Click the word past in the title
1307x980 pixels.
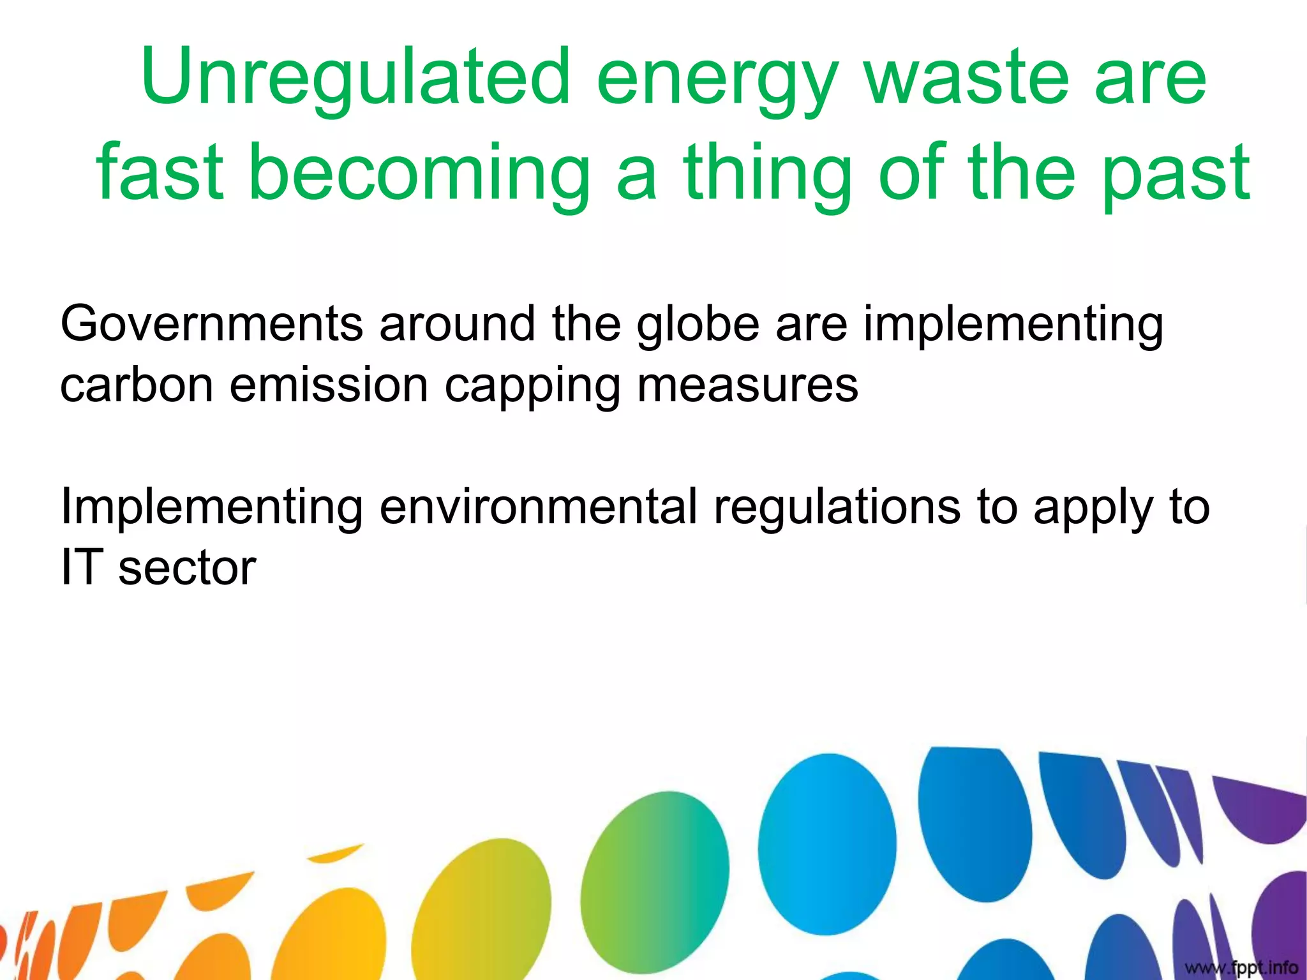[1176, 174]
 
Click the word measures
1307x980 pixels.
[747, 385]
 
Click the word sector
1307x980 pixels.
[187, 568]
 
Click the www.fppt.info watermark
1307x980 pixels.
[1241, 968]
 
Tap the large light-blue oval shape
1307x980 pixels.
[827, 843]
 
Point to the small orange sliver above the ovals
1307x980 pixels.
[335, 853]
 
